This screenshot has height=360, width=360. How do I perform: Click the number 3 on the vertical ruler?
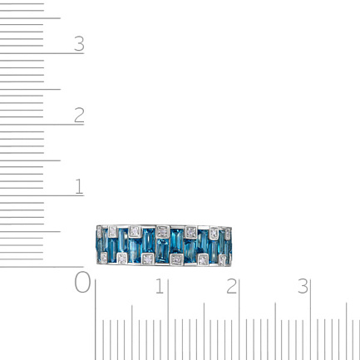79,44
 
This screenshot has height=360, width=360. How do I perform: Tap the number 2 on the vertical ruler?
79,115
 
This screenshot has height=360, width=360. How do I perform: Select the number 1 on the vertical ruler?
79,186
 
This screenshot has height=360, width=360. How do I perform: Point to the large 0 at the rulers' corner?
82,282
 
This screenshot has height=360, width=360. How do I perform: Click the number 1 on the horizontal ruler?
160,286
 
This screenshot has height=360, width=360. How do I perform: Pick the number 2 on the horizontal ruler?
231,286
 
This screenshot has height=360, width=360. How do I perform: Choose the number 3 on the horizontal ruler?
303,286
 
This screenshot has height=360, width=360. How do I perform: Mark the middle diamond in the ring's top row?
162,232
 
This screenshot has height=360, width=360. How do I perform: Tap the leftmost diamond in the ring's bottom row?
104,258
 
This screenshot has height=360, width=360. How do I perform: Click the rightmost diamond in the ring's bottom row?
223,260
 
